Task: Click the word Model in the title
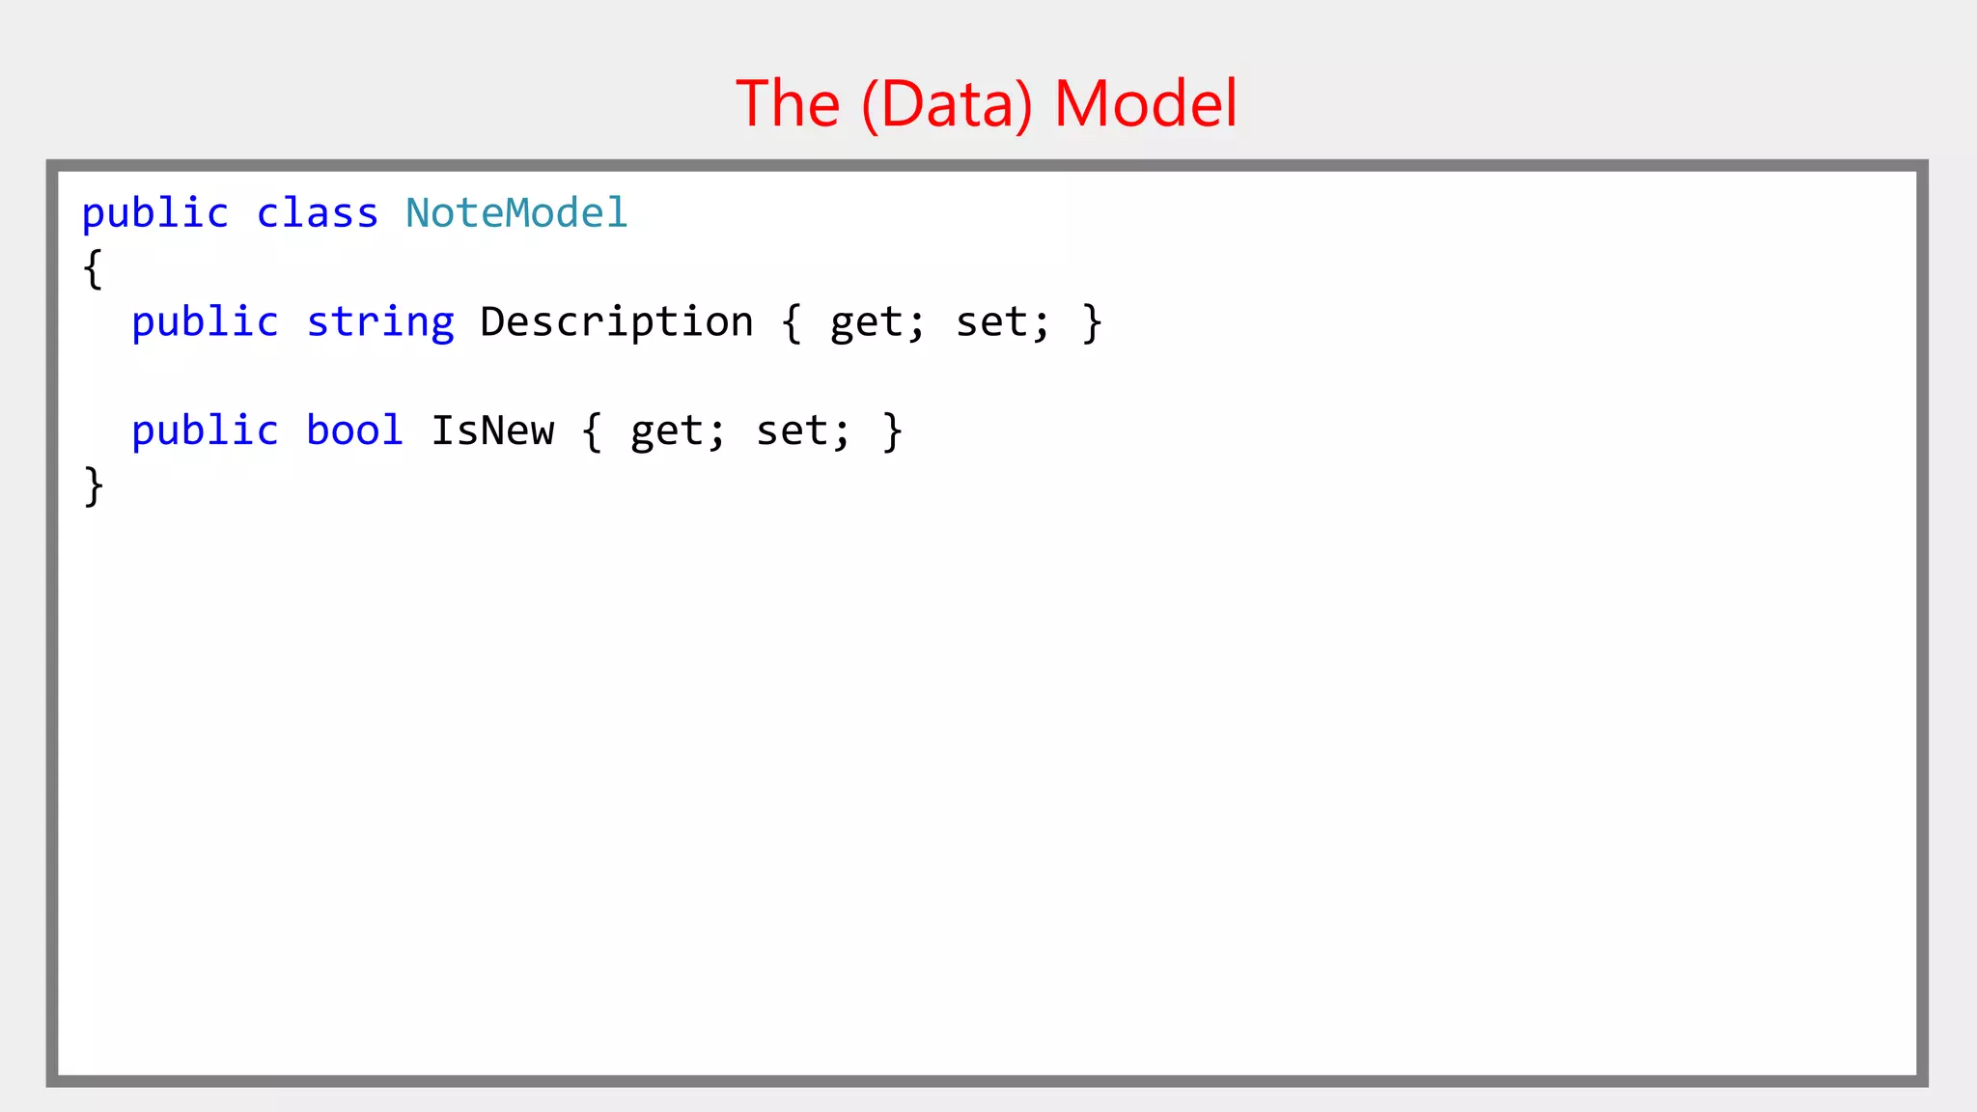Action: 1145,103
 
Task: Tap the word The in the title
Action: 788,103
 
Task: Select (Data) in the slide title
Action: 946,104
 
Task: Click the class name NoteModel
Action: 516,212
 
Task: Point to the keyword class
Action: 317,212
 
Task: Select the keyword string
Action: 380,322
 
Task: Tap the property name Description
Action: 617,322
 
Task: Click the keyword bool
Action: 354,431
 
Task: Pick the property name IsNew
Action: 493,431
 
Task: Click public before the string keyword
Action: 206,322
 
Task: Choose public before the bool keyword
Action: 206,431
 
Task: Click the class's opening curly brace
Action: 93,268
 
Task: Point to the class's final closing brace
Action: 94,486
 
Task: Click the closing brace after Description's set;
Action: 1092,322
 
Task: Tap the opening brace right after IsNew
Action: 593,431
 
